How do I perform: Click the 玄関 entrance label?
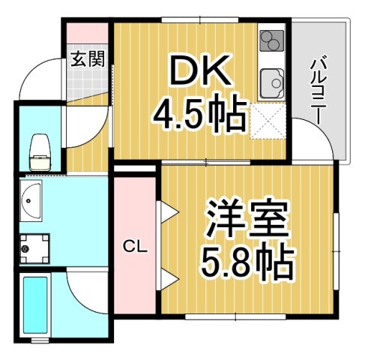pyautogui.click(x=86, y=58)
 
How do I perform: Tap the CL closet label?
pyautogui.click(x=134, y=245)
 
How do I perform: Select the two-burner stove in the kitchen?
pyautogui.click(x=271, y=42)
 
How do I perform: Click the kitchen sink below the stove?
pyautogui.click(x=272, y=81)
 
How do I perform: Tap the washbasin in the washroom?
pyautogui.click(x=33, y=200)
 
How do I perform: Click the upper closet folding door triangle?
pyautogui.click(x=166, y=214)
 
